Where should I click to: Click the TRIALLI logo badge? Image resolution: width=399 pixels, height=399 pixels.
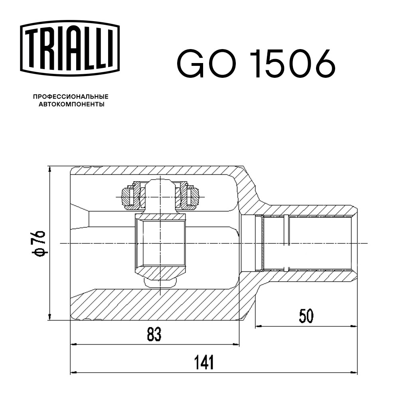pos(70,48)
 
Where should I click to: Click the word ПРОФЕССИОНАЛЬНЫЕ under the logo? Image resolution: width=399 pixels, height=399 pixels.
pos(71,97)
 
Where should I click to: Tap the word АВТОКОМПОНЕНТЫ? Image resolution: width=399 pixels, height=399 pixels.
pos(71,104)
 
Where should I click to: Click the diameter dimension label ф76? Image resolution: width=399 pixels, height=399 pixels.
pos(38,243)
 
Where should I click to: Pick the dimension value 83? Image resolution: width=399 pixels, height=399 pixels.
pos(154,334)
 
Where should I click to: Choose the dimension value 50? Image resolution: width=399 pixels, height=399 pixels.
pos(306,316)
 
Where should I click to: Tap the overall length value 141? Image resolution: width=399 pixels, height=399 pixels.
pos(204,362)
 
